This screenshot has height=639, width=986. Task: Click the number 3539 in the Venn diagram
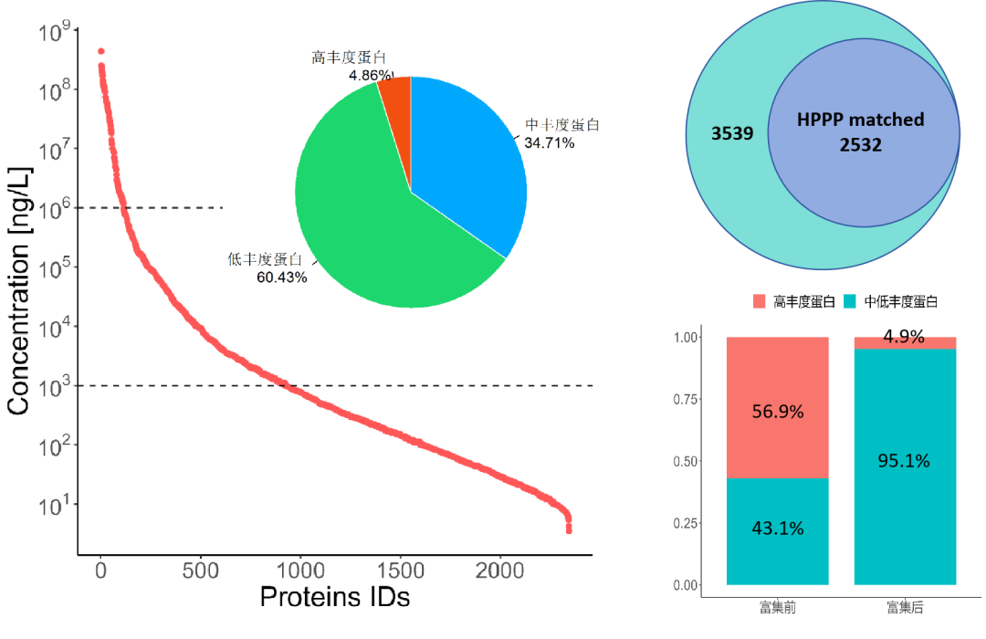[732, 134]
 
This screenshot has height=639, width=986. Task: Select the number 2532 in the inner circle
[861, 144]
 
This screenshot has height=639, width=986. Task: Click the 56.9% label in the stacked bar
[777, 412]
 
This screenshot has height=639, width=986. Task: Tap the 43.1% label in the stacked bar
[777, 528]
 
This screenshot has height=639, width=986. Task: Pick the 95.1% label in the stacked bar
[904, 461]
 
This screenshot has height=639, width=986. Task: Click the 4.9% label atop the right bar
[904, 338]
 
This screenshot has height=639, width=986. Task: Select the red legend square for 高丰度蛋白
[760, 301]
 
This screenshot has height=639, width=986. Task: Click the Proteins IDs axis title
[334, 597]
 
